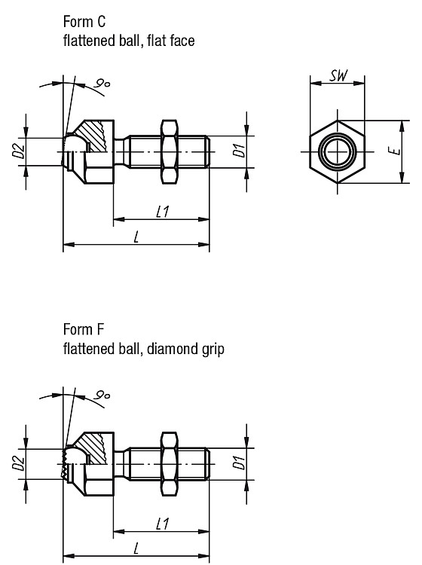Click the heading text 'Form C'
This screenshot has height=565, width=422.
[x=84, y=22]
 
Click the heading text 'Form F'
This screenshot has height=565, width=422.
[x=84, y=329]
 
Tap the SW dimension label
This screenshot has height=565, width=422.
[x=339, y=75]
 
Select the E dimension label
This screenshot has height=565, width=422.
[x=396, y=151]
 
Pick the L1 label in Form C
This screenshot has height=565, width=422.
[x=163, y=212]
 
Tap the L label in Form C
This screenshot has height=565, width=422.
[x=136, y=237]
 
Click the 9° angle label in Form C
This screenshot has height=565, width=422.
[x=102, y=84]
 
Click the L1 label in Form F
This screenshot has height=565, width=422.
[x=163, y=524]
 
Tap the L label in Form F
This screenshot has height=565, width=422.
[x=136, y=549]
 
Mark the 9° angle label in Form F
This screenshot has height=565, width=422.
[x=102, y=395]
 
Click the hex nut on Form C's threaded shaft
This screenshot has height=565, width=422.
[x=169, y=151]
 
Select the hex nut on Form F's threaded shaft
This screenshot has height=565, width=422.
[x=169, y=464]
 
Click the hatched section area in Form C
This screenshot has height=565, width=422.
[x=93, y=134]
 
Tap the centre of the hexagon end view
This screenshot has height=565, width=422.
[x=338, y=151]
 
